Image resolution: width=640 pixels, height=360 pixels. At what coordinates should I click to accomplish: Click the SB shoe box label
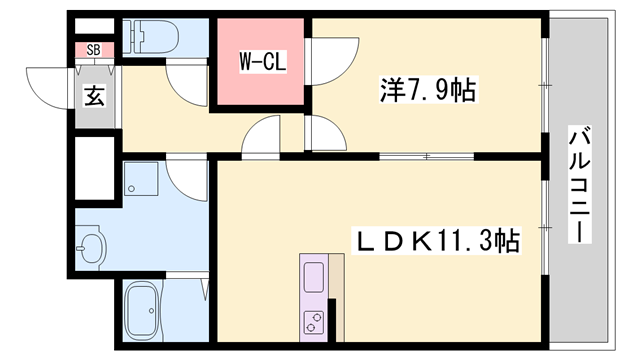point(93,49)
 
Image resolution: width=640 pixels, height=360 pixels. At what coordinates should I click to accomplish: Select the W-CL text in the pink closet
point(263,62)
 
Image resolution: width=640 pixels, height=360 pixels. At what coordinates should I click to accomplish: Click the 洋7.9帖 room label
point(427,92)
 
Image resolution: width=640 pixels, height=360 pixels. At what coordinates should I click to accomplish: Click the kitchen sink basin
point(313,276)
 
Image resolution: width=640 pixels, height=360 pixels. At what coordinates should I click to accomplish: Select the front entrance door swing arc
point(50,84)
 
